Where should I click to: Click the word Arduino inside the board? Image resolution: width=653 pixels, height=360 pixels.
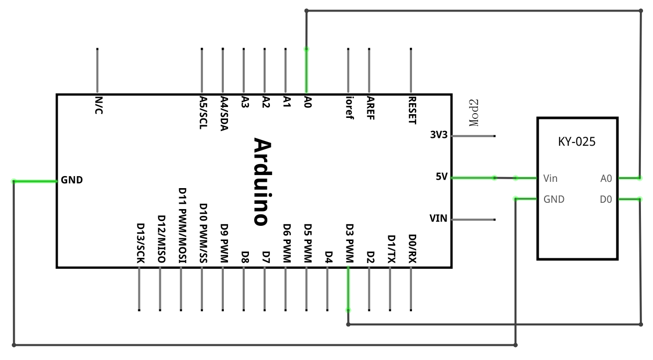263,182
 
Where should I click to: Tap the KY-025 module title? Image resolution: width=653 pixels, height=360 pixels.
576,141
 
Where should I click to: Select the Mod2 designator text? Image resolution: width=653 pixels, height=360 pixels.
474,113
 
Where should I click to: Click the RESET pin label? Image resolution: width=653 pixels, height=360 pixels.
412,111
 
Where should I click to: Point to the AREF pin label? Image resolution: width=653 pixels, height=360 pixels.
370,108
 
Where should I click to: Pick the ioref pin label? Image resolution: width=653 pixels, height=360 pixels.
349,107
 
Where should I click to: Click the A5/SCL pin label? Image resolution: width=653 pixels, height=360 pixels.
203,113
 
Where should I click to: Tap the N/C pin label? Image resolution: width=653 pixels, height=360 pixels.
99,105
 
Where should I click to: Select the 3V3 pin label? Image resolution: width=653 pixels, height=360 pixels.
439,135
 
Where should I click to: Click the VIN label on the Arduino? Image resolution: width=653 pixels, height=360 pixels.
439,219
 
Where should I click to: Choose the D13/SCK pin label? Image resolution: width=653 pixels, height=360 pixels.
140,243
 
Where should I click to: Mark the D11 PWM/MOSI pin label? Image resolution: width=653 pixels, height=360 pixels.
182,225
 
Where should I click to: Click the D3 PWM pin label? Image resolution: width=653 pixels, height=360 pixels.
350,243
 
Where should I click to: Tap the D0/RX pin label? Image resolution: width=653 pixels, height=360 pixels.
412,249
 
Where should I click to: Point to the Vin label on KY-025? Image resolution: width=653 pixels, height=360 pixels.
550,178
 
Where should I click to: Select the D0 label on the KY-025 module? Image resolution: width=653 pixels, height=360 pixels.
606,199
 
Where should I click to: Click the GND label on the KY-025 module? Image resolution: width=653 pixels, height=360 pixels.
554,199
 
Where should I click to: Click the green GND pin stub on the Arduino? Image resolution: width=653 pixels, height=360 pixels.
35,181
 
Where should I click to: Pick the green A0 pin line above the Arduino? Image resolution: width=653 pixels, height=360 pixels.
307,71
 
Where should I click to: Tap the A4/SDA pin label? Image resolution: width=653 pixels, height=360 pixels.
224,113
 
